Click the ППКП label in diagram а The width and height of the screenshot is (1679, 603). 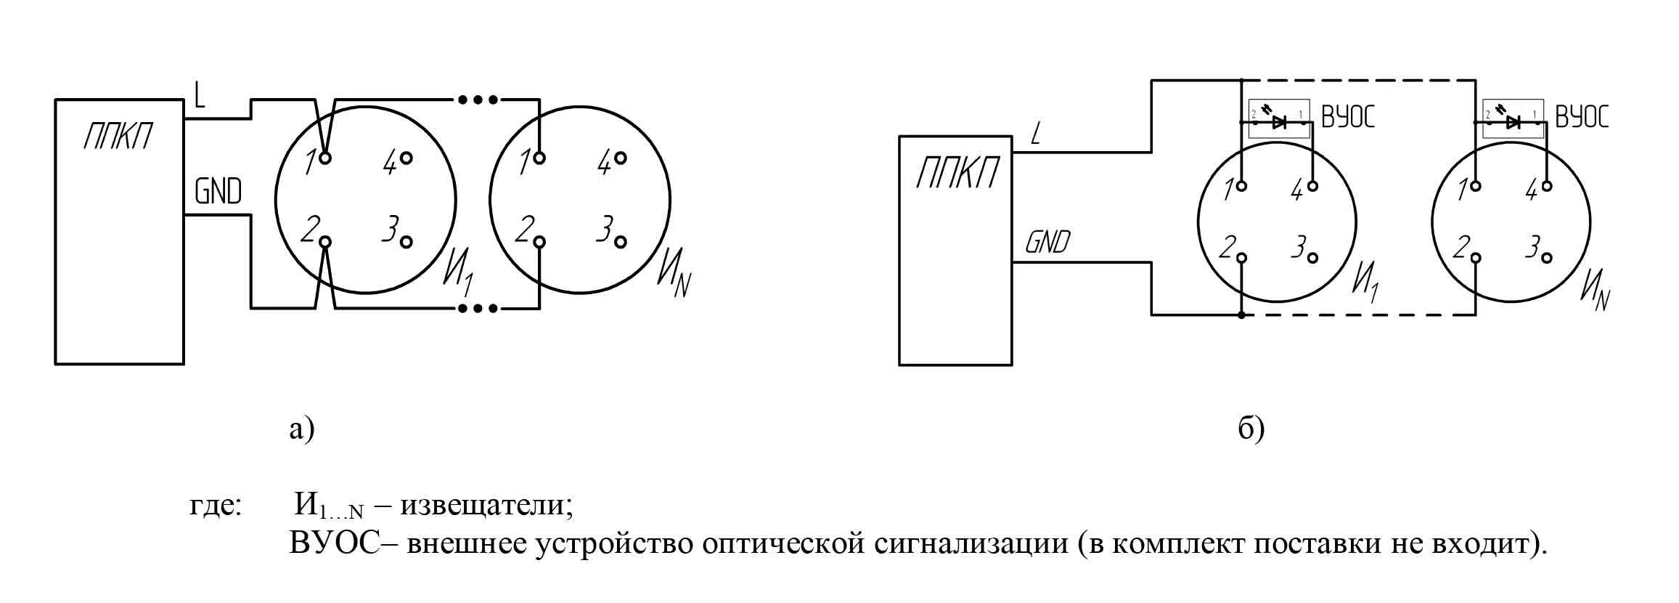click(x=118, y=136)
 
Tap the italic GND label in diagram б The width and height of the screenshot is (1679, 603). click(x=1047, y=242)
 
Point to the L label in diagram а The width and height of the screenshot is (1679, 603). click(x=200, y=94)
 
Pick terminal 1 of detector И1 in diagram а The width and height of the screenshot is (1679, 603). click(x=325, y=158)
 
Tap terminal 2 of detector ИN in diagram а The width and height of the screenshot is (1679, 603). click(x=539, y=243)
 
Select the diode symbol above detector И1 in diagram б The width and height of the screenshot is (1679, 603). click(x=1279, y=122)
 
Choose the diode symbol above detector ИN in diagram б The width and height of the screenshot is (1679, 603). click(x=1513, y=122)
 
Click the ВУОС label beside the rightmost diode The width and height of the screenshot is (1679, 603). click(x=1582, y=117)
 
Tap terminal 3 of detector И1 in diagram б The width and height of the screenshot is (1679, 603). click(x=1312, y=258)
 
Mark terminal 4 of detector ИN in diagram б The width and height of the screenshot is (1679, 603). click(x=1547, y=186)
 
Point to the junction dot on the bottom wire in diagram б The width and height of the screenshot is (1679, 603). click(x=1242, y=315)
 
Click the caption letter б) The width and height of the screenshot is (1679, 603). click(x=1251, y=429)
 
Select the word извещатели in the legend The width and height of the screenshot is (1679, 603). click(x=486, y=504)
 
